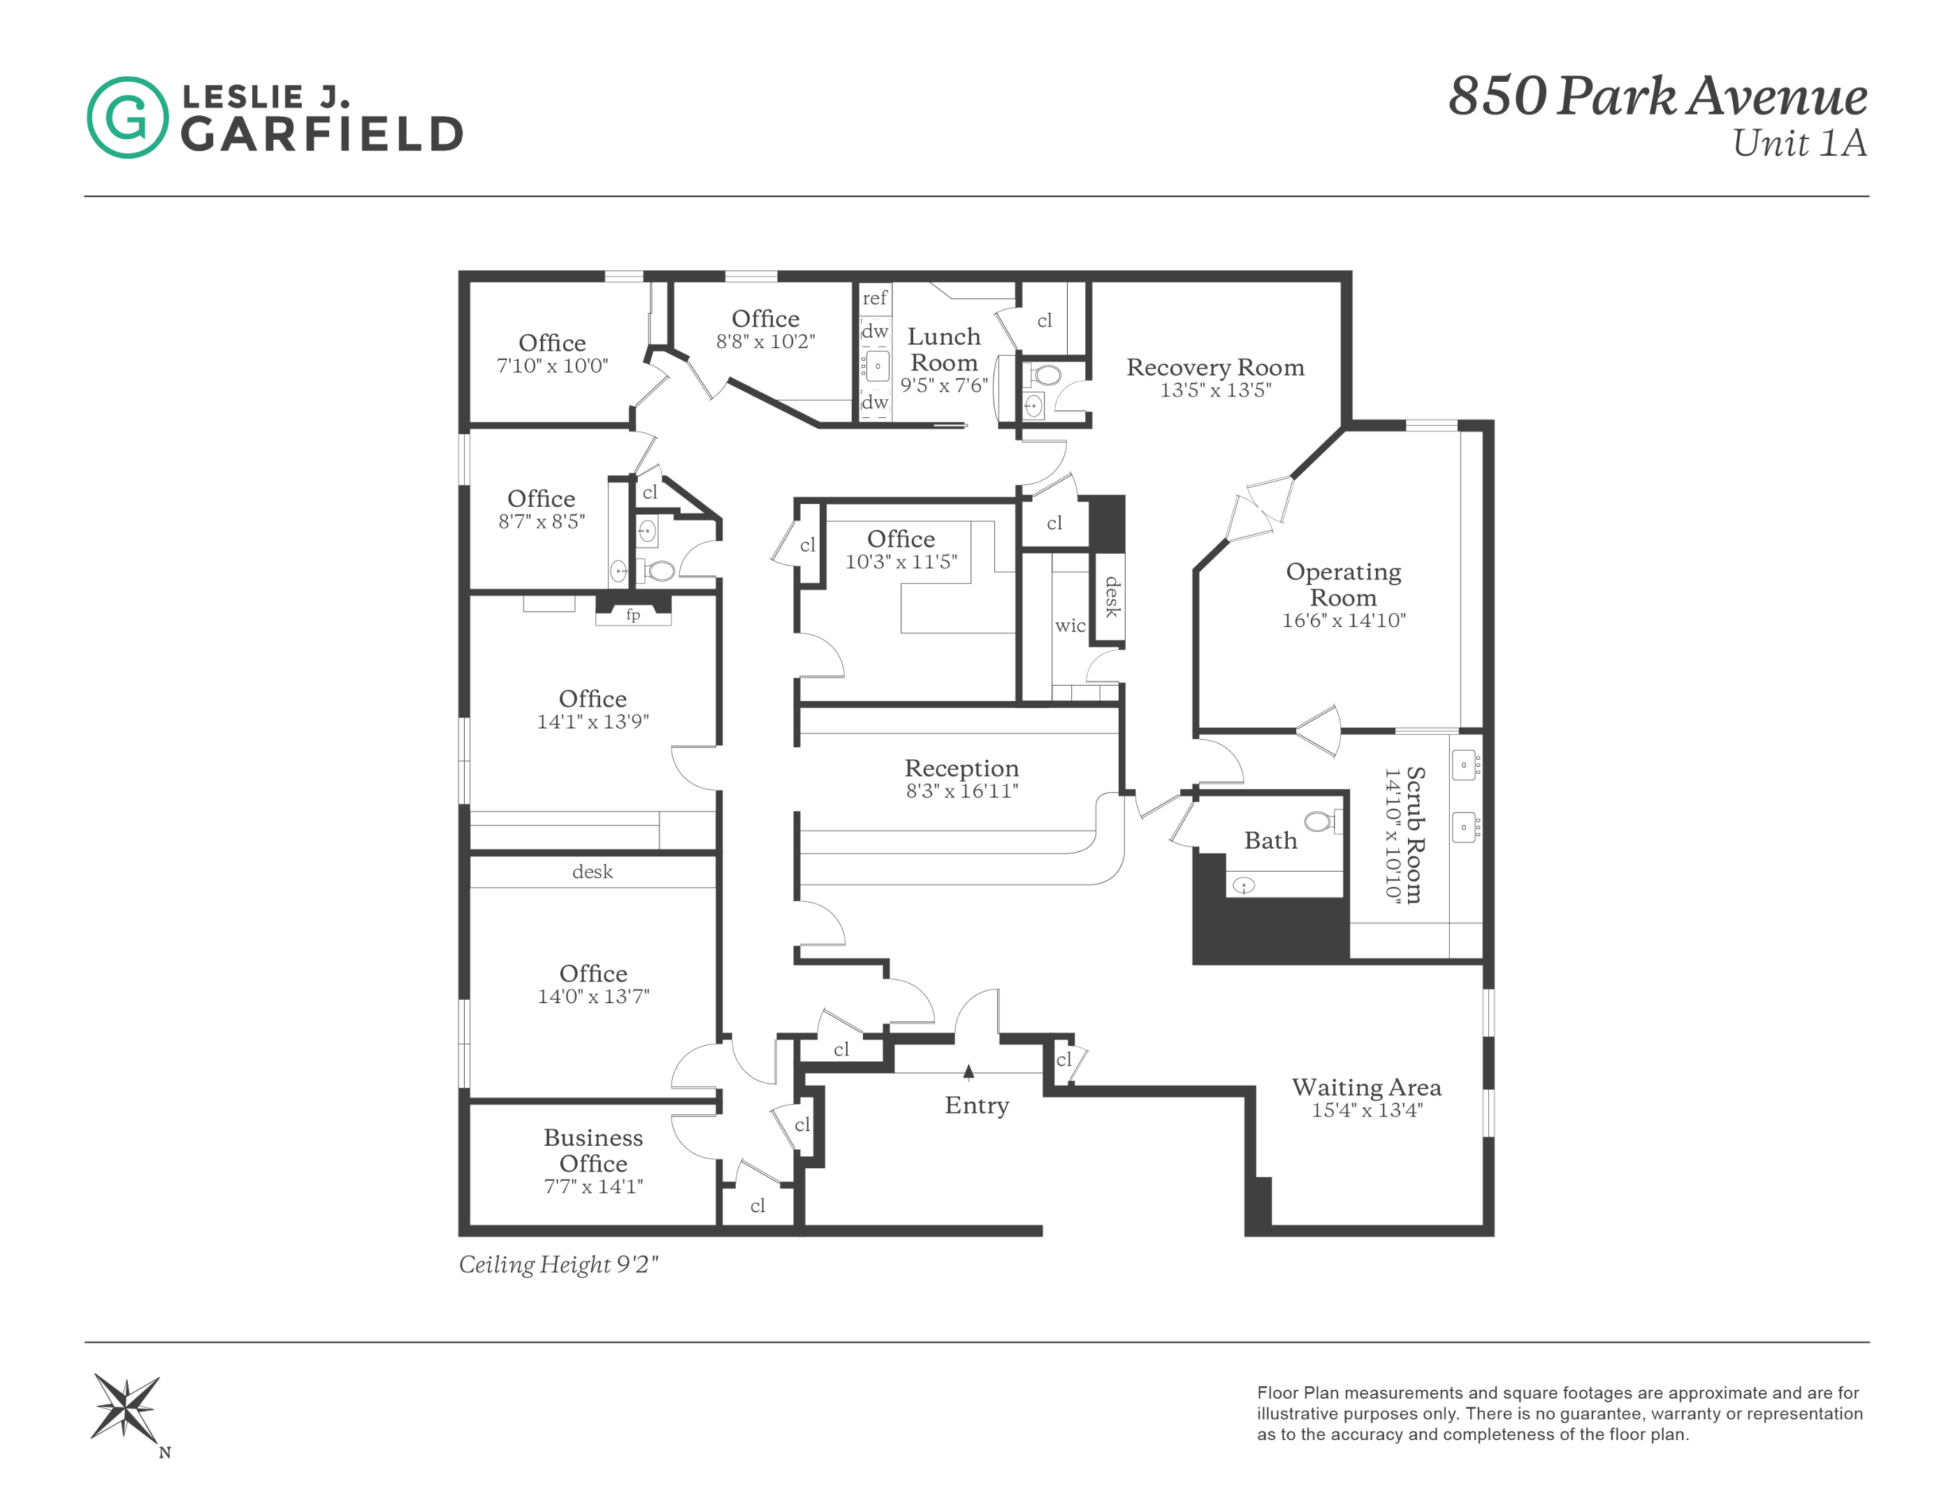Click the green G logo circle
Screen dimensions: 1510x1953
click(x=127, y=117)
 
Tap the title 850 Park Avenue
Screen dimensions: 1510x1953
click(x=1657, y=96)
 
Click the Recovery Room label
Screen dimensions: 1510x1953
click(x=1214, y=368)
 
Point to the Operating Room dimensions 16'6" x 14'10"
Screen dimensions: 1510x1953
click(x=1343, y=620)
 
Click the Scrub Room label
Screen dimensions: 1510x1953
click(x=1415, y=835)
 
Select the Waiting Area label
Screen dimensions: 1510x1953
click(x=1365, y=1087)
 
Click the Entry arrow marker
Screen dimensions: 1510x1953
click(x=968, y=1072)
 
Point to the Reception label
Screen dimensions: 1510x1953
click(x=961, y=768)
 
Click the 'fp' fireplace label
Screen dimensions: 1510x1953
click(x=633, y=614)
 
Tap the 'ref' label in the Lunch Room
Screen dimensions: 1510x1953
click(x=875, y=298)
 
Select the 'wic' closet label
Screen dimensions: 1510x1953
click(x=1070, y=625)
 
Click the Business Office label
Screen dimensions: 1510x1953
click(x=593, y=1151)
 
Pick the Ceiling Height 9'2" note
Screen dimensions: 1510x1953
click(x=558, y=1264)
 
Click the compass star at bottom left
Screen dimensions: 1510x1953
click(x=126, y=1407)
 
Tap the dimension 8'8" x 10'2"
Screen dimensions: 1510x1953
click(x=765, y=341)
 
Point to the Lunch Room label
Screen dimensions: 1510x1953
click(x=943, y=349)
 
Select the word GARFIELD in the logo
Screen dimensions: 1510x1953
click(x=322, y=134)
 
